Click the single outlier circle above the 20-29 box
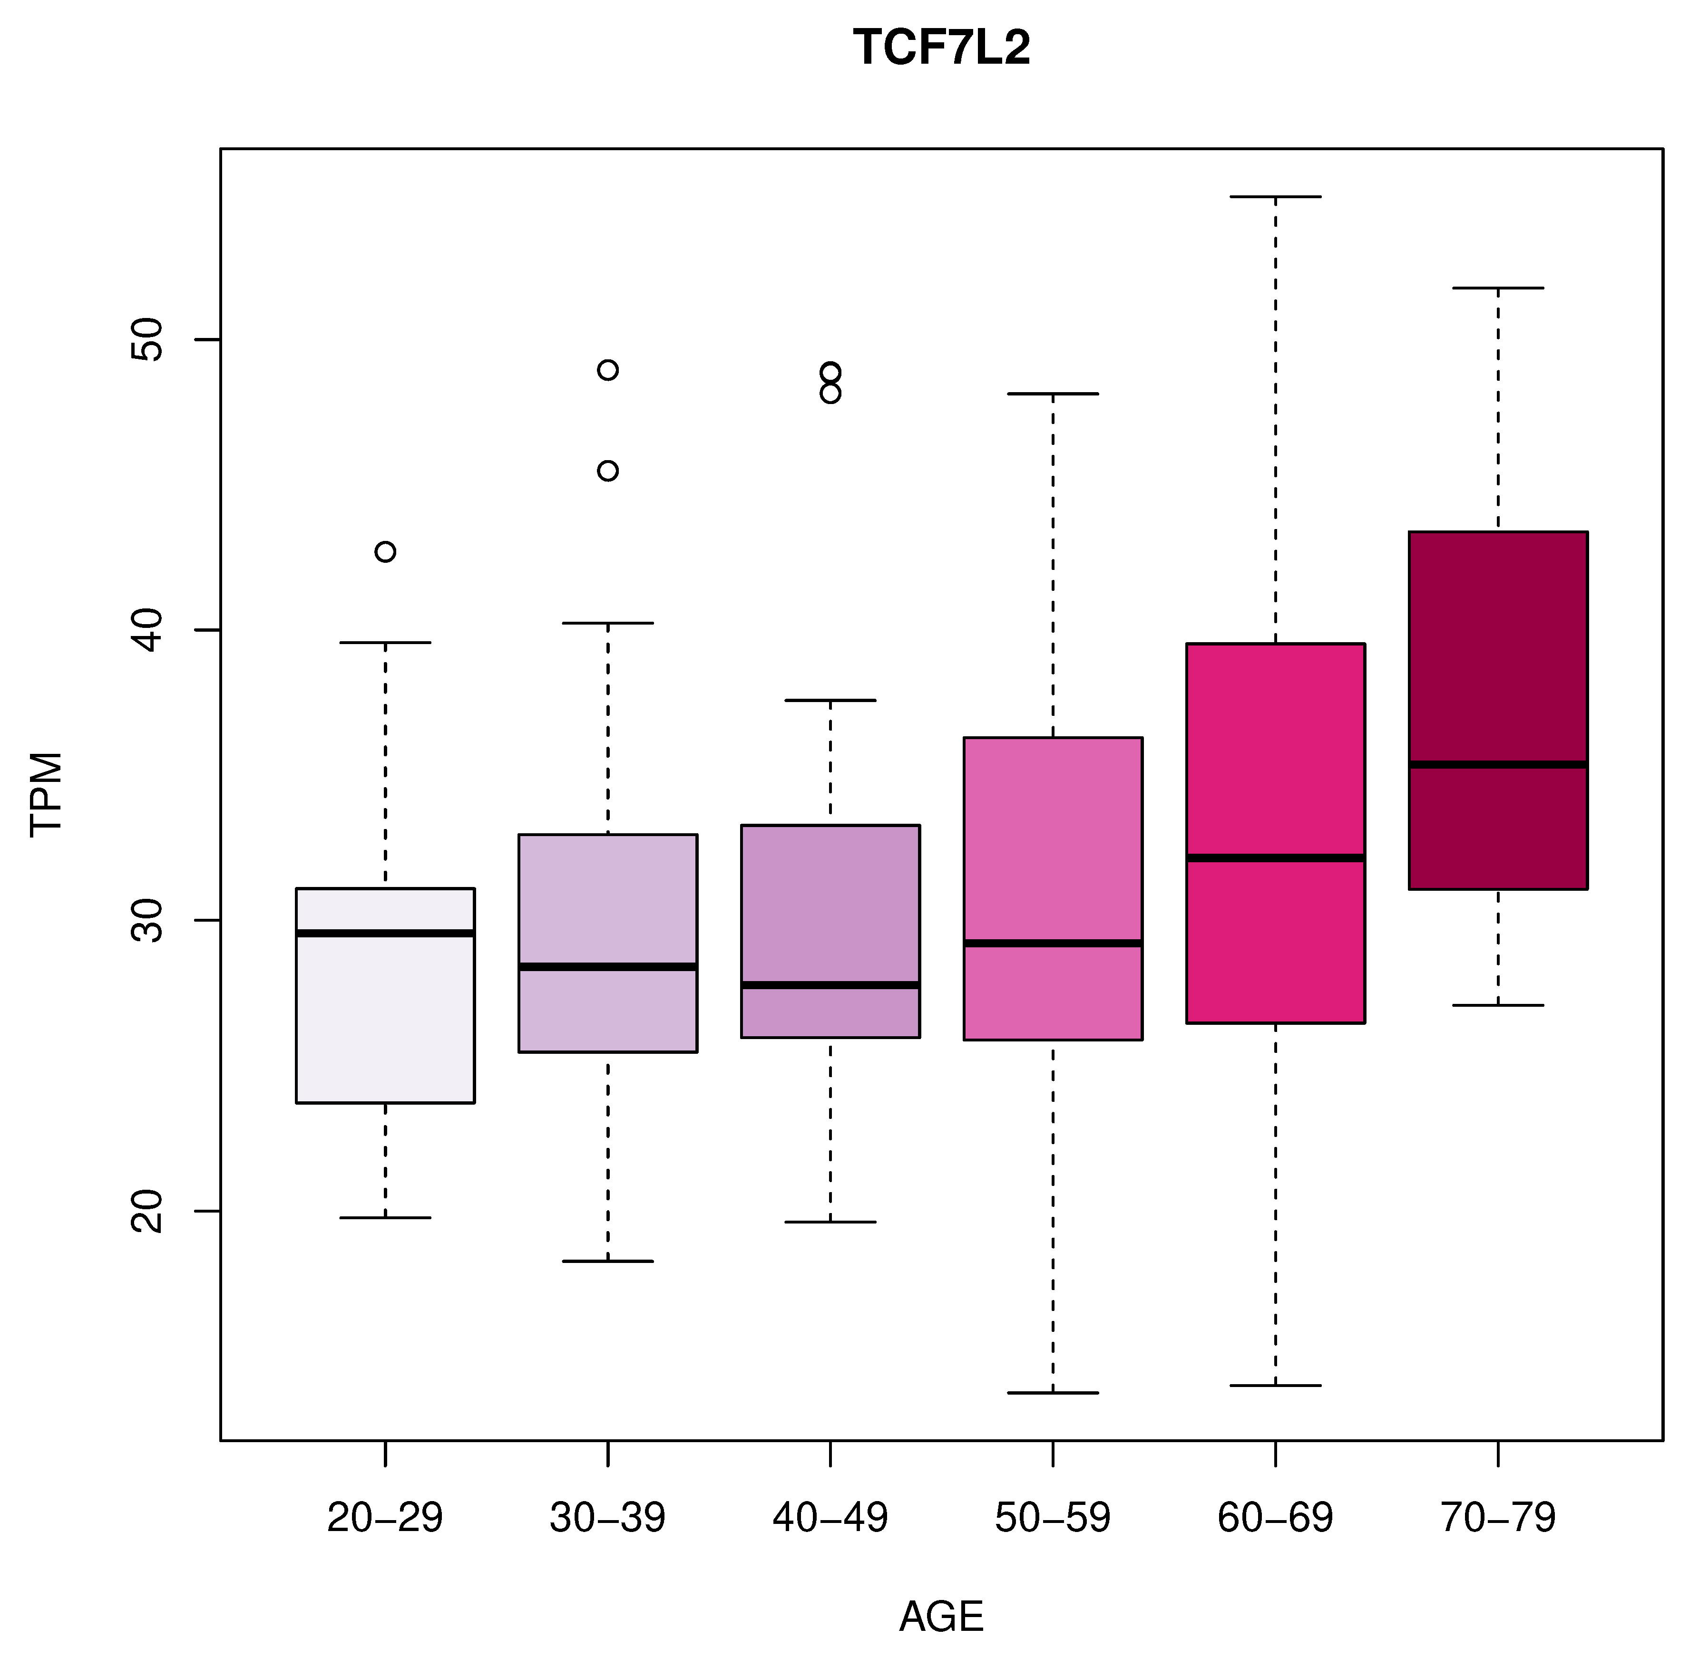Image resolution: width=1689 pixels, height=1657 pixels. [385, 552]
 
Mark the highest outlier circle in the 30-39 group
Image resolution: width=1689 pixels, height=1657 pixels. [608, 370]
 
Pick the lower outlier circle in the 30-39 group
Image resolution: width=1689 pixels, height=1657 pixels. [608, 471]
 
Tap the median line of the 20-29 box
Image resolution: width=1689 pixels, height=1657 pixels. [385, 933]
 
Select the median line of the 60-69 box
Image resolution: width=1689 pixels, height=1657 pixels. [1276, 857]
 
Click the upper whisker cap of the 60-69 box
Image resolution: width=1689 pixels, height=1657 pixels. [1276, 197]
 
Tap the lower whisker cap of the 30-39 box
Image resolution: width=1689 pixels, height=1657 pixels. [608, 1261]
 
